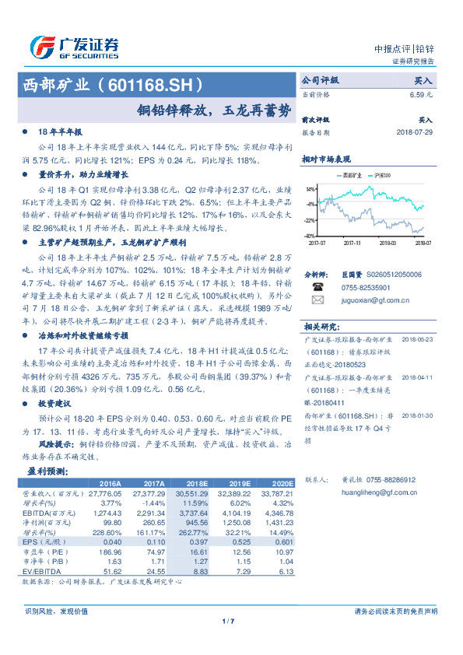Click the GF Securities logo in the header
click(74, 47)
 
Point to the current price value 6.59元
click(422, 95)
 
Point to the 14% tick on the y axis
click(310, 189)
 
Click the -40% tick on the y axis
click(309, 235)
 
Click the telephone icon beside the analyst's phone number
click(317, 286)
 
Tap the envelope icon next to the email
click(317, 299)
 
